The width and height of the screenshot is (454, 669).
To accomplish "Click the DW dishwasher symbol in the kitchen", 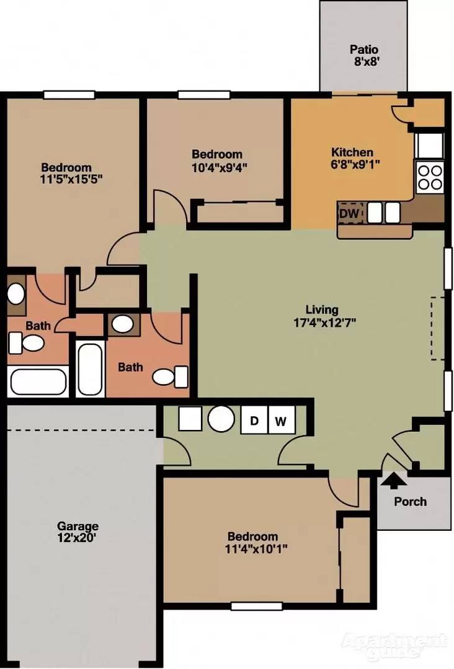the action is click(350, 213).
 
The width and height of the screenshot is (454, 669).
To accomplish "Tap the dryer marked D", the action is click(254, 420).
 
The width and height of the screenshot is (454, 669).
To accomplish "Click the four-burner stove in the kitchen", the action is click(430, 178).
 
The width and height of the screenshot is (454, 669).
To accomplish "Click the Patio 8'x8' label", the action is click(364, 56).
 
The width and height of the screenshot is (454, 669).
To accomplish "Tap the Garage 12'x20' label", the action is click(78, 531).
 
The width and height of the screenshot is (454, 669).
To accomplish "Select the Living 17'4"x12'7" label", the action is click(324, 316).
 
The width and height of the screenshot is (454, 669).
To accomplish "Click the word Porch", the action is click(410, 501).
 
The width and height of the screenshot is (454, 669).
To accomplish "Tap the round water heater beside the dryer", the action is click(221, 418).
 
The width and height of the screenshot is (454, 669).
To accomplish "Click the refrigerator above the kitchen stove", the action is click(430, 145).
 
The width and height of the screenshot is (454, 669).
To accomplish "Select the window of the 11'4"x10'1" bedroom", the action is click(257, 606).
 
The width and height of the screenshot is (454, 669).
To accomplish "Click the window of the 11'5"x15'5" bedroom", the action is click(69, 95).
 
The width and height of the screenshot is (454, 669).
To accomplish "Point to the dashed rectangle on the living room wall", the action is click(436, 328).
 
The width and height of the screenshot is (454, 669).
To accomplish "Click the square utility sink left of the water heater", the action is click(190, 418).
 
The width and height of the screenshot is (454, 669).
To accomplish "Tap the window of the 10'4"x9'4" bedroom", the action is click(204, 95).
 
